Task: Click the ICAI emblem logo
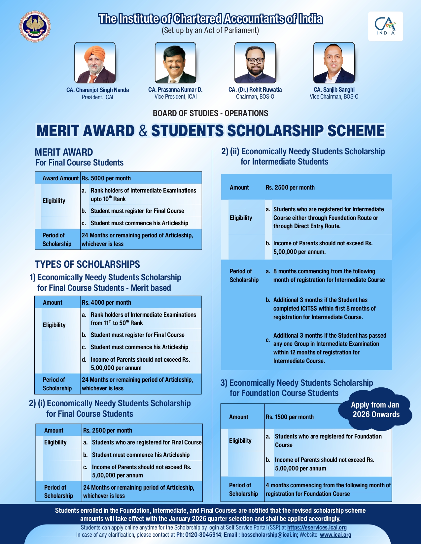(35, 26)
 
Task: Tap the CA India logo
(385, 26)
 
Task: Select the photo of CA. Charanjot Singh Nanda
(95, 63)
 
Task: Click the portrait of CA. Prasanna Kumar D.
(175, 63)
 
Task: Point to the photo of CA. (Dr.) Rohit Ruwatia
(255, 63)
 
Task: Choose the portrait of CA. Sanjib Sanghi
(334, 63)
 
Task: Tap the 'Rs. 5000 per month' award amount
(106, 178)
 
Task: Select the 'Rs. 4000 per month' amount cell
(107, 303)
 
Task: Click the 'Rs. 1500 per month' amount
(290, 417)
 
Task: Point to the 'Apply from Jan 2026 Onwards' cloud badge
(375, 410)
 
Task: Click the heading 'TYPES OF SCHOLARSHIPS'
(88, 264)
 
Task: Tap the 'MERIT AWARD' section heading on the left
(64, 152)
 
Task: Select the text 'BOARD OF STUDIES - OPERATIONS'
(210, 113)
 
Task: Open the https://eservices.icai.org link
(317, 528)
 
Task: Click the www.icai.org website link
(335, 535)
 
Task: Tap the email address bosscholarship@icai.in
(270, 535)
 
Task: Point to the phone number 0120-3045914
(203, 535)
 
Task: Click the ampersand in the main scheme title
(143, 131)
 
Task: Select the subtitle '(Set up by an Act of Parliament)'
(210, 30)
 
